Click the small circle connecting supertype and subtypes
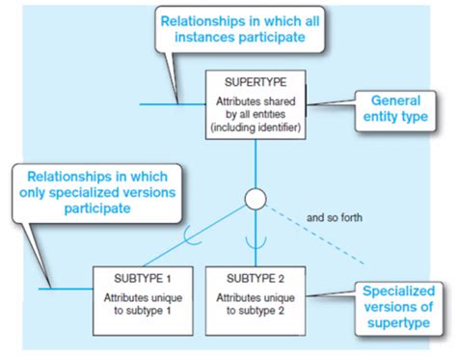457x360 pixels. coord(255,200)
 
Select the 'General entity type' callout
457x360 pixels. coord(394,108)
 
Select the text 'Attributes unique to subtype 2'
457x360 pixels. coord(255,301)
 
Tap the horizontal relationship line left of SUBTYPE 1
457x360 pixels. coord(67,288)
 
